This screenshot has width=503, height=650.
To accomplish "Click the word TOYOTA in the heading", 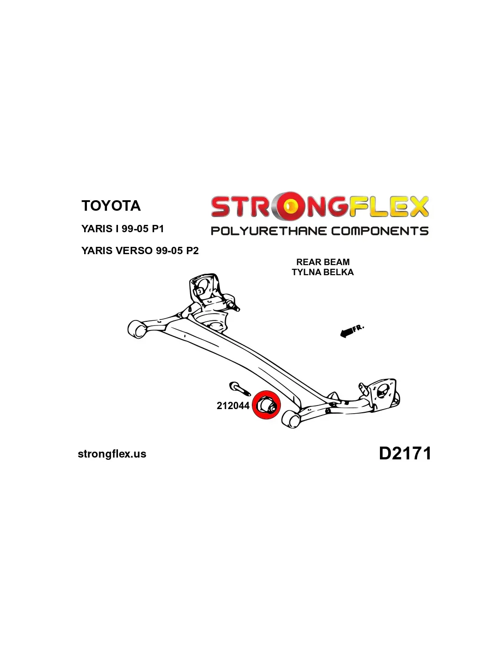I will click(x=111, y=206).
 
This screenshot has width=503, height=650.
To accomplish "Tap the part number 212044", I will click(x=233, y=405).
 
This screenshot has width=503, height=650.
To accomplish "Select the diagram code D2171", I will click(x=405, y=453).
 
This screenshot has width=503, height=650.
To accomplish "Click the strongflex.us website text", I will click(x=112, y=454).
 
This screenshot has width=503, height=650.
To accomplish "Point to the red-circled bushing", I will click(x=266, y=405).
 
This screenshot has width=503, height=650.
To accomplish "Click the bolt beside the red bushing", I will click(x=239, y=389).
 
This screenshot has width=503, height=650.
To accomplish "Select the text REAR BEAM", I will click(x=323, y=262).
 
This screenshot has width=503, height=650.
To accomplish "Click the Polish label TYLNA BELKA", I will click(x=323, y=272).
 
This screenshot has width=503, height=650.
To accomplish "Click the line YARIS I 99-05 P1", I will click(x=123, y=229).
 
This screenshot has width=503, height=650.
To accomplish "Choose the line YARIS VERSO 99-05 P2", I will click(x=140, y=250).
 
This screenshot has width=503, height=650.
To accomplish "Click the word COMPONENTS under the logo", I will click(x=380, y=231).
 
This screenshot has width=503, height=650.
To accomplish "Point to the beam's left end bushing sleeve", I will click(x=136, y=329).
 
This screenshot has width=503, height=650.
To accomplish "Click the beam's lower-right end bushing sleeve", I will click(x=291, y=419).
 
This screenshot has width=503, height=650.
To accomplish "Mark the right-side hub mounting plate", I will click(x=383, y=393).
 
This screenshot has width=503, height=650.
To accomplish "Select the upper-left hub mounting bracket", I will click(x=204, y=288).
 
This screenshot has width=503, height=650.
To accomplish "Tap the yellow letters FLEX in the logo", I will click(x=389, y=207).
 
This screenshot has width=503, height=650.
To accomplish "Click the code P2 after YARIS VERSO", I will click(x=192, y=250).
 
